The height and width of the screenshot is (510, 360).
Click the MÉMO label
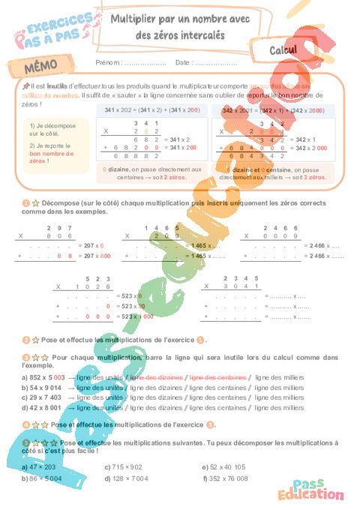click(41, 67)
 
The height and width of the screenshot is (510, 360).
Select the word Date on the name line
click(183, 62)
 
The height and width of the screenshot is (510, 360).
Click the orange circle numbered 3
click(25, 358)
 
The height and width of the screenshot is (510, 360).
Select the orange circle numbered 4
click(25, 424)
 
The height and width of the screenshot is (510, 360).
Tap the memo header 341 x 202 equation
click(141, 110)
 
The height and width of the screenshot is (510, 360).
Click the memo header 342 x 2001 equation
click(273, 110)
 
